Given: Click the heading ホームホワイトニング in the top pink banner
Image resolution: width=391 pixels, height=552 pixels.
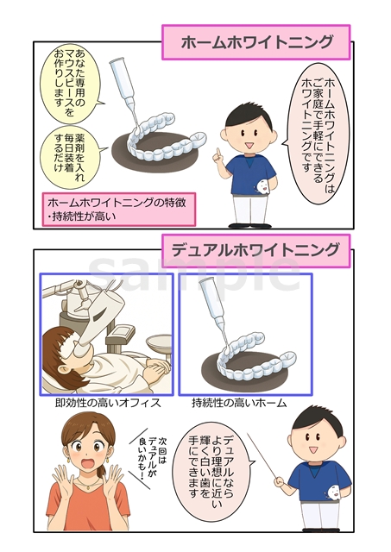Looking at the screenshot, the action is pos(257,42).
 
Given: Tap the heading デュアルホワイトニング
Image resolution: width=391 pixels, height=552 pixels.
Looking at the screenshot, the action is pos(256,250).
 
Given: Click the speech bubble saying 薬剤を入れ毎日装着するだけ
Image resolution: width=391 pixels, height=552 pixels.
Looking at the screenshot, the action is pos(70,158).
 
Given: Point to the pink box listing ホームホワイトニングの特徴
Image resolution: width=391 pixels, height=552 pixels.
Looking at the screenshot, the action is pos(118,209).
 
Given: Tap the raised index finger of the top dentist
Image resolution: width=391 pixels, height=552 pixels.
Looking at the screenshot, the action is pos(218,154).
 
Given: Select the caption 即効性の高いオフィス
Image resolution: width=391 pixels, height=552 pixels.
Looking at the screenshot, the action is pos(108,403).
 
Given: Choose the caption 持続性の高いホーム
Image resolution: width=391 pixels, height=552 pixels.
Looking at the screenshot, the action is pos(239,403).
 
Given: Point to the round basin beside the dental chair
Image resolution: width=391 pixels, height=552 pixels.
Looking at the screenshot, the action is pos(159,344).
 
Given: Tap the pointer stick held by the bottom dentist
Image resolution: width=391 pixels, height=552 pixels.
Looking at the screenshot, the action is pos(263,456).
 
